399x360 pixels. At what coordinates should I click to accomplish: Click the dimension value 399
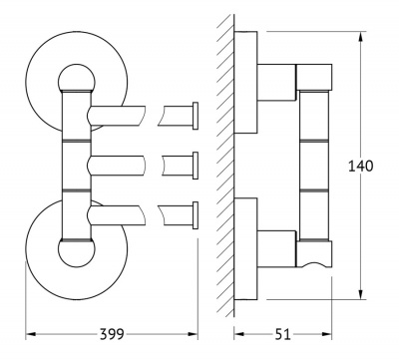tap(112, 334)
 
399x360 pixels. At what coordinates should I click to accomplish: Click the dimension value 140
tap(361, 166)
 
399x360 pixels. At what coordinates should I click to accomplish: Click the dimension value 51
tap(283, 334)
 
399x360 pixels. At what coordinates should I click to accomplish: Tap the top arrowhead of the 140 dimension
tap(361, 37)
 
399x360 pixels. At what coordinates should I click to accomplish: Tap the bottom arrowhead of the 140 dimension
tap(361, 294)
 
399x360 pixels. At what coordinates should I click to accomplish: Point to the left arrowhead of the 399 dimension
tap(31, 334)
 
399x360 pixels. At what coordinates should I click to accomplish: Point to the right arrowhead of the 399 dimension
tap(193, 334)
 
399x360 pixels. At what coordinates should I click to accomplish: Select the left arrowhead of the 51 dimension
tap(239, 334)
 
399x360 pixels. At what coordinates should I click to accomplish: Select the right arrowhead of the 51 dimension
tap(326, 334)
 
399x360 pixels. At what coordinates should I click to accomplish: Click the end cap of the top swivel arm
tap(196, 116)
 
